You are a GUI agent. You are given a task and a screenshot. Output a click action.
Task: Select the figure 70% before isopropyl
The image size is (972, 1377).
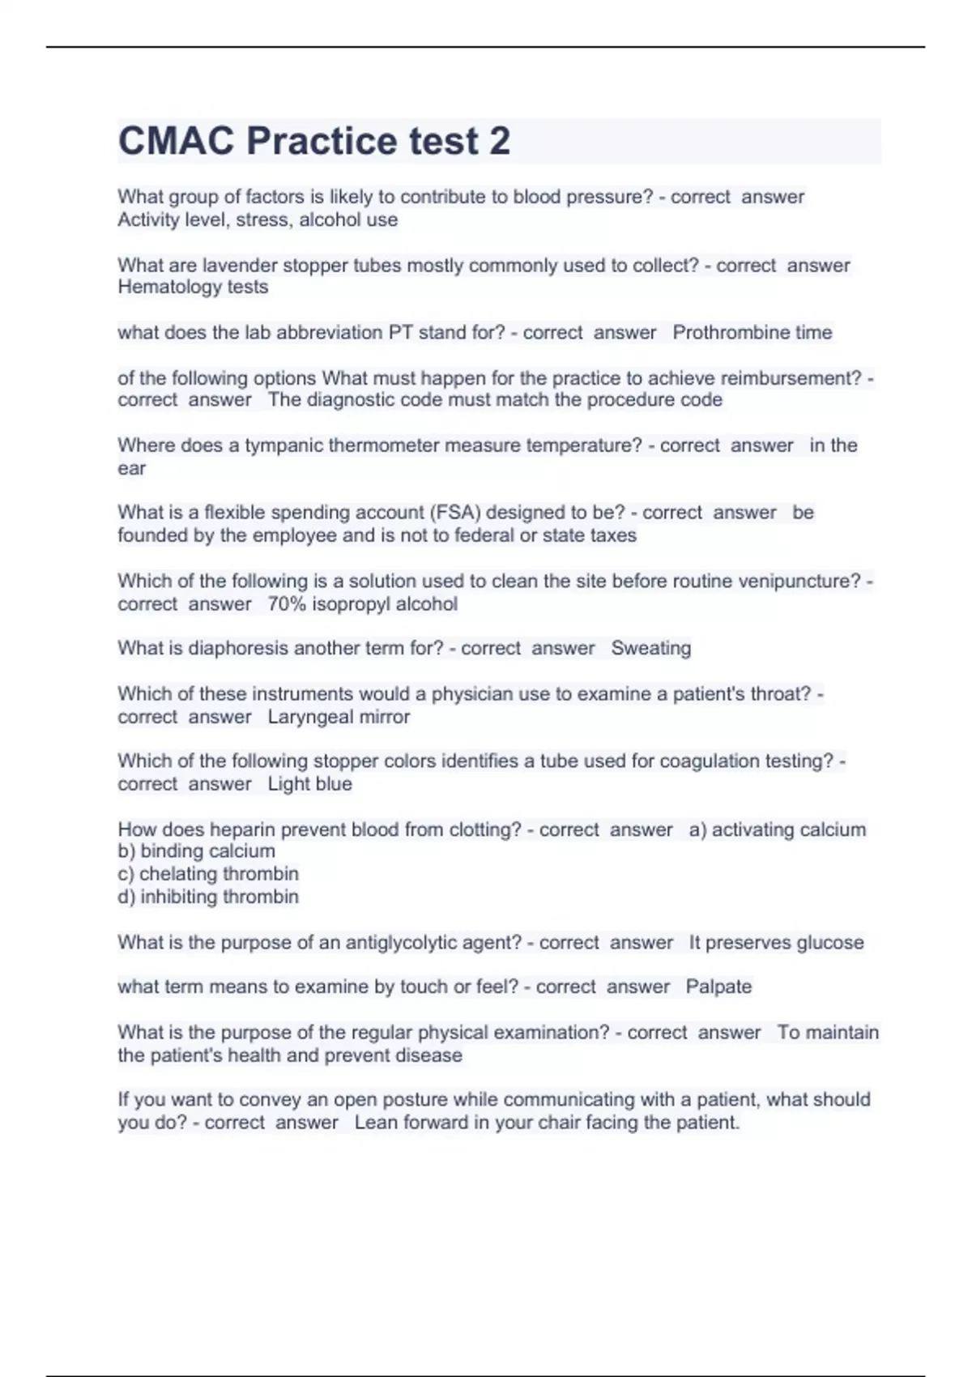coord(287,604)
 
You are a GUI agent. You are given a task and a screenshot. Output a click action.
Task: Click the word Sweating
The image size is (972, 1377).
coord(650,648)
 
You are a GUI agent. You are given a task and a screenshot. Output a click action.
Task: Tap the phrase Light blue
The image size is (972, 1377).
coord(309,784)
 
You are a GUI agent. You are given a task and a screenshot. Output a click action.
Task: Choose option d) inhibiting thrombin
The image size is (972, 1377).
coord(208,897)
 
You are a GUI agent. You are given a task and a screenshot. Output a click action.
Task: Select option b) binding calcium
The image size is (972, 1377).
coord(197,851)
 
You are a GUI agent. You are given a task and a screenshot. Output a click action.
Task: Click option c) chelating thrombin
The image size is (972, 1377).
coord(208,874)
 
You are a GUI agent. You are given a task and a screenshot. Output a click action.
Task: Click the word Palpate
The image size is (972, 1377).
coord(718,987)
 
